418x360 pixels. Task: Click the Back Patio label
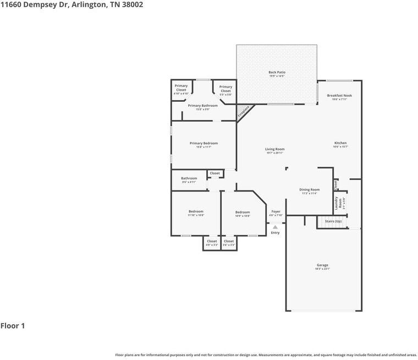coord(277,72)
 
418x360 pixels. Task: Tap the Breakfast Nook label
coord(339,95)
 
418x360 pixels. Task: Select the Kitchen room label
coord(340,143)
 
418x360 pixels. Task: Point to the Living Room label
coord(274,149)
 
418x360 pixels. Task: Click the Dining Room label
coord(309,189)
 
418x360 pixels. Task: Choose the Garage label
coord(322,265)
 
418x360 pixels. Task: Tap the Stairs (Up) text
coord(333,221)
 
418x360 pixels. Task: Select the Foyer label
coord(276,211)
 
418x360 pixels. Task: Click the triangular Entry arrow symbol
coord(275,227)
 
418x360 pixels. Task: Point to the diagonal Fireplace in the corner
coord(244,112)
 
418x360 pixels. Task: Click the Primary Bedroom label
coord(204,143)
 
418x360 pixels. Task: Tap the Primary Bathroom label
coord(202,105)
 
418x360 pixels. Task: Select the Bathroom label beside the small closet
coord(189,178)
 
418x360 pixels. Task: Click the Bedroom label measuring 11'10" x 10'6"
coord(196,211)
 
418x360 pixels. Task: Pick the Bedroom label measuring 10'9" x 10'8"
coord(243,212)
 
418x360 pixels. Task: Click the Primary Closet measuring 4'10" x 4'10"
coord(181,88)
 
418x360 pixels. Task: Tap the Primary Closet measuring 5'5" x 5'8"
coord(226,89)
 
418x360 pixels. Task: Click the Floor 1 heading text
coord(13,326)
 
